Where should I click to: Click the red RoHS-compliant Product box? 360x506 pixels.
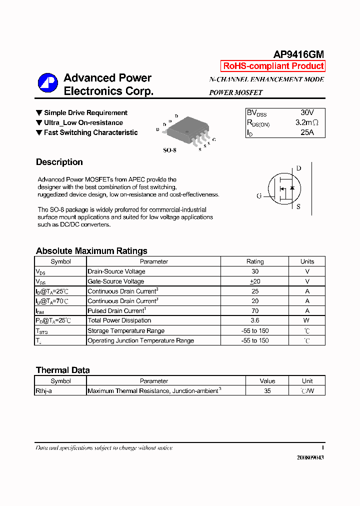click(273, 66)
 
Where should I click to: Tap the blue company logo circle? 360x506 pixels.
click(48, 83)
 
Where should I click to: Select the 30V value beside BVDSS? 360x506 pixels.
click(307, 113)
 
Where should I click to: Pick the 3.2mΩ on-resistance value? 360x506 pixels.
click(306, 122)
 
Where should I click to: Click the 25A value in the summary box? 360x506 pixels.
click(307, 132)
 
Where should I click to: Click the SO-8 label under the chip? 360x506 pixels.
click(169, 150)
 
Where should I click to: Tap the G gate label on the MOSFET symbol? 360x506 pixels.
click(259, 196)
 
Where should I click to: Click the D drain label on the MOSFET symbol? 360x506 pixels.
click(298, 168)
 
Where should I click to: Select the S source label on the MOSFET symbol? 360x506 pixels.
click(298, 206)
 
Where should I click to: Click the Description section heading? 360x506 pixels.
click(59, 162)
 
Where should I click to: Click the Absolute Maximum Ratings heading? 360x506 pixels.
click(91, 251)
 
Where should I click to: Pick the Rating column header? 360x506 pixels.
click(255, 261)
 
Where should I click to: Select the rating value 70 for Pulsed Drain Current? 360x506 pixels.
click(255, 310)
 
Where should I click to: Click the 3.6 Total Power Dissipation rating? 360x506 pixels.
click(255, 320)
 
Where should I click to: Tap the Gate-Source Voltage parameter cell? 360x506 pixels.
click(116, 281)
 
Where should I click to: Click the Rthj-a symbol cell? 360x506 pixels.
click(43, 391)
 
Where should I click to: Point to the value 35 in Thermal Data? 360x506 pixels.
click(267, 391)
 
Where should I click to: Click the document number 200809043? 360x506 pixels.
click(310, 457)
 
